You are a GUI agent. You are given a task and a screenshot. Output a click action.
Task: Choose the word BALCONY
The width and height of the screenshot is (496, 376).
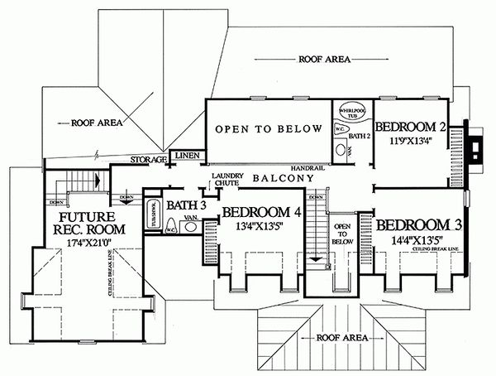(x=284, y=178)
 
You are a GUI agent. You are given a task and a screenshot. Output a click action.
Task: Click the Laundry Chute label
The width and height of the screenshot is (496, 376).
(x=225, y=180)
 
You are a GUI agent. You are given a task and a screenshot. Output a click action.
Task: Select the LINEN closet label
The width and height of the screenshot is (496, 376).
(x=187, y=155)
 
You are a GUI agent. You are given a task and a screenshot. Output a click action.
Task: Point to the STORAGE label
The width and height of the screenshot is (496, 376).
(x=150, y=158)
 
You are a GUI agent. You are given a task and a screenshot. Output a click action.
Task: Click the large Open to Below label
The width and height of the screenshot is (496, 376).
(x=269, y=128)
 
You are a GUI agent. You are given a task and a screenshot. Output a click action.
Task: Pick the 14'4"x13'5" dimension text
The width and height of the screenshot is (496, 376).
(x=412, y=239)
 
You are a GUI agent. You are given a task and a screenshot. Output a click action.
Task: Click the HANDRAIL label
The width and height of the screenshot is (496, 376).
(x=307, y=167)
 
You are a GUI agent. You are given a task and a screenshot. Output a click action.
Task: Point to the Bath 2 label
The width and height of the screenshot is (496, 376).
(x=357, y=134)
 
